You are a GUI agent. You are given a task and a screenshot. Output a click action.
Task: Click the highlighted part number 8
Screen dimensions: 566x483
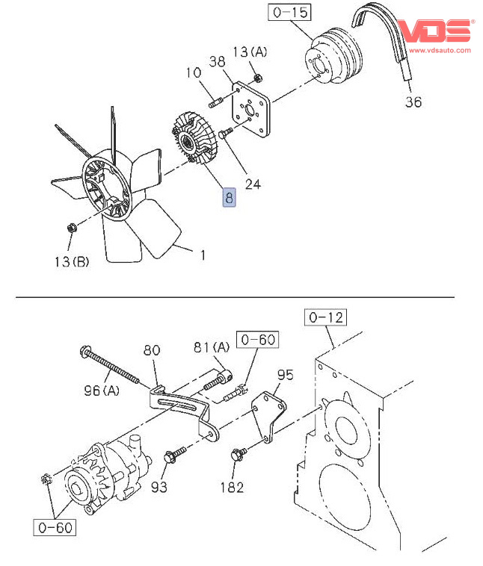pos(228,198)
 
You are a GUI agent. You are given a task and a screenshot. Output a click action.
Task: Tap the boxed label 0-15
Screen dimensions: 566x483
pos(289,13)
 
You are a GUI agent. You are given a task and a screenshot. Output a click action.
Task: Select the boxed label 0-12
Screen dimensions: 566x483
pos(326,318)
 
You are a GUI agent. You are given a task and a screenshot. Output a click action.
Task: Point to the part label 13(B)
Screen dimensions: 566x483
pos(72,261)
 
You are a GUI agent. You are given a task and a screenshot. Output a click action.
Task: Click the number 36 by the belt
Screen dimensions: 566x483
pos(413,102)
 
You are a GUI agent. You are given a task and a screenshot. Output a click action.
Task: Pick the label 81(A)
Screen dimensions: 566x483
pos(212,347)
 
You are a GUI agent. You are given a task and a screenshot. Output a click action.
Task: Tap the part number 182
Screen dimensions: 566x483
pos(232,488)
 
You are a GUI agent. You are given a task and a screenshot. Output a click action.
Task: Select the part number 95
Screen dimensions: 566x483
pos(286,374)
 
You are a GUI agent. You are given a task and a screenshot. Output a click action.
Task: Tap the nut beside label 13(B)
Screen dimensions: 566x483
pos(70,226)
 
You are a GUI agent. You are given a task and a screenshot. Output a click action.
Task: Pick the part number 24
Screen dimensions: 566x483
pos(253,182)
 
